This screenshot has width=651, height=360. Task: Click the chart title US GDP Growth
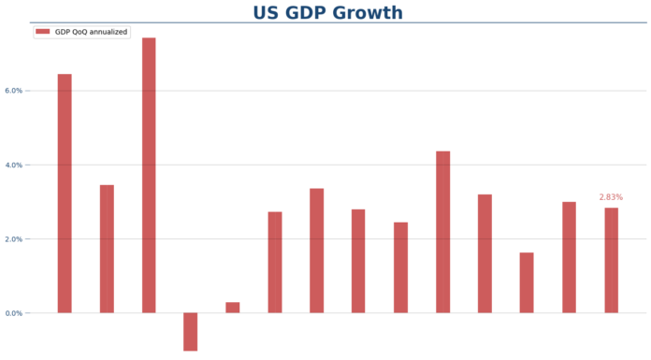coord(327,13)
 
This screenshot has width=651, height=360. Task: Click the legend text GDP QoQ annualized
coord(92,32)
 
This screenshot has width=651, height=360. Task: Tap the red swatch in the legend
coord(43,32)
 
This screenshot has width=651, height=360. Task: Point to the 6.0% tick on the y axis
coord(13,91)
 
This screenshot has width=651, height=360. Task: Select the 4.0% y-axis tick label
coord(13,165)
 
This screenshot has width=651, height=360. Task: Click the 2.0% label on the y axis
coord(13,238)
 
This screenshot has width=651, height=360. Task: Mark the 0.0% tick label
coord(13,313)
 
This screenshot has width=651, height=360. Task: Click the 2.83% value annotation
coord(611,197)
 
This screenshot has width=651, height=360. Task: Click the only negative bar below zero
coord(191,331)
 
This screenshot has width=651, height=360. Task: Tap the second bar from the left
coord(107,249)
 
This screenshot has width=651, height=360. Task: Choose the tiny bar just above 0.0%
coord(233,308)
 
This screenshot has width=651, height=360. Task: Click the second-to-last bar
coord(569,257)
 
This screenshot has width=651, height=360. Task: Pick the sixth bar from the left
coord(275,262)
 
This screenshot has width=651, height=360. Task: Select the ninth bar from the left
coord(400,267)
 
